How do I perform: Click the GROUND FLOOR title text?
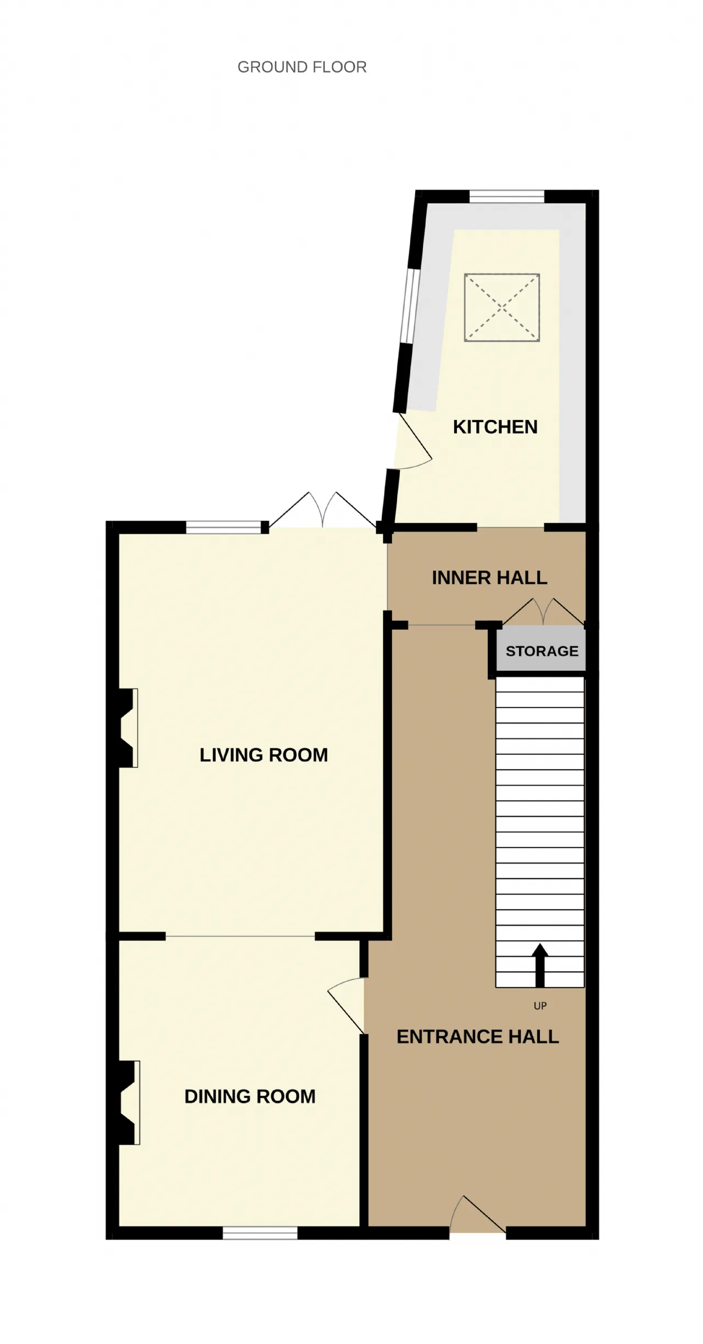coord(302,67)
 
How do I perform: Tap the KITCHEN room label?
coord(495,427)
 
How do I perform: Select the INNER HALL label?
coord(489,578)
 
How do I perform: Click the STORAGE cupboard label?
coord(542,651)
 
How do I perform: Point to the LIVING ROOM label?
coord(264,755)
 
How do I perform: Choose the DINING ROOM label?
coord(250,1096)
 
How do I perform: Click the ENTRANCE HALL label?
coord(478,1037)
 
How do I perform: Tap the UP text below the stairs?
coord(540,1006)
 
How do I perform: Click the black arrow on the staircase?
coord(540,965)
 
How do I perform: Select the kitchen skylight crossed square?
coord(502,307)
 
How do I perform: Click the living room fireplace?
coord(128,727)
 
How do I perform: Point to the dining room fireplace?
coord(129,1102)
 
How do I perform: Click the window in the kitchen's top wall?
coord(507,197)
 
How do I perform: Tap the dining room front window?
coord(260,1233)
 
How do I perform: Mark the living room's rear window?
coord(224,528)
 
